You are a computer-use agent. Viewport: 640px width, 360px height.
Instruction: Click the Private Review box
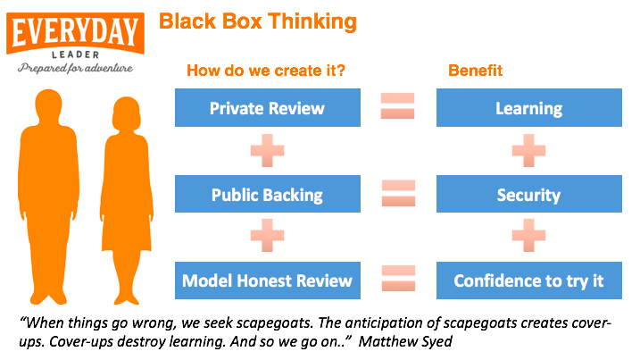click(x=268, y=107)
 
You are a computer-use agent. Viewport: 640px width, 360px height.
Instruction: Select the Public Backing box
click(x=268, y=194)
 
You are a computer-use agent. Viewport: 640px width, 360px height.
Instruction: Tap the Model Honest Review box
click(x=268, y=280)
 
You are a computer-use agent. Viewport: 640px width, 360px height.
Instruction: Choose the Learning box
click(x=529, y=107)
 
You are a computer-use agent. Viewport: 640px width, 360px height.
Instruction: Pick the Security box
click(x=529, y=194)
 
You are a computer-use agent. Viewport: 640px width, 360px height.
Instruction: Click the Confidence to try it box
click(x=529, y=280)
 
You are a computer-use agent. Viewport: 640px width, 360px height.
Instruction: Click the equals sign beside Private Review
click(x=397, y=105)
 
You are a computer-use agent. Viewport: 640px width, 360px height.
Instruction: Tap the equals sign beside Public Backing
click(x=398, y=193)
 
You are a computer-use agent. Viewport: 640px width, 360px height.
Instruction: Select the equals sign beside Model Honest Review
click(x=398, y=279)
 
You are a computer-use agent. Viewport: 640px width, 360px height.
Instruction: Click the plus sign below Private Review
click(x=268, y=150)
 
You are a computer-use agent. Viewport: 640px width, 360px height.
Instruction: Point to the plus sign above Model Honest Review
click(x=268, y=235)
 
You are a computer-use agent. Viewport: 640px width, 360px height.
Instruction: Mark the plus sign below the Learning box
click(x=528, y=150)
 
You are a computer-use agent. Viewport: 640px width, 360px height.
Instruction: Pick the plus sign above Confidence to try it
click(x=528, y=235)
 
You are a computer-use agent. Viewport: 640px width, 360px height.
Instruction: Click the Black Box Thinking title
click(x=258, y=21)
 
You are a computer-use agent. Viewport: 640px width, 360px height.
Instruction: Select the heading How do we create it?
click(x=266, y=71)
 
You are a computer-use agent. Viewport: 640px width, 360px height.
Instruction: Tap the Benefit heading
click(x=476, y=71)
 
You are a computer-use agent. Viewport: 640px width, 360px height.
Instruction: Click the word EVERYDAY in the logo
click(x=75, y=32)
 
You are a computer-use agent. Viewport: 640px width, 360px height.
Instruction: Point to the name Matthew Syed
click(x=405, y=341)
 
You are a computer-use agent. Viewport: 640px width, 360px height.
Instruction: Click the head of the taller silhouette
click(x=48, y=106)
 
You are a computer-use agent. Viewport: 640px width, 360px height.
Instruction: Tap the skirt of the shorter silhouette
click(x=127, y=232)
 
